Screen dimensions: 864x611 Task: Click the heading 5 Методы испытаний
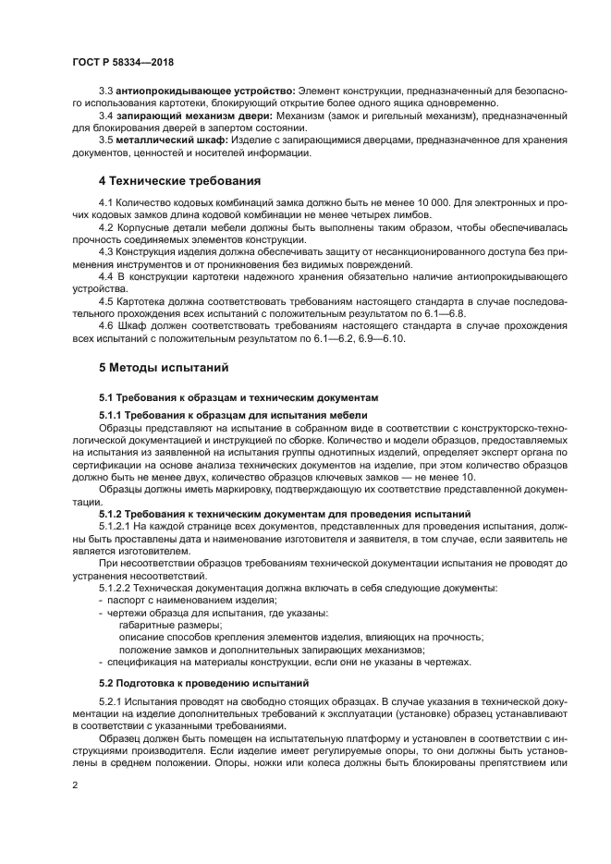164,367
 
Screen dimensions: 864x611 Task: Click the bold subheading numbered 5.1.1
233,415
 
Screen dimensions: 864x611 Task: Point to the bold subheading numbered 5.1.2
285,512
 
